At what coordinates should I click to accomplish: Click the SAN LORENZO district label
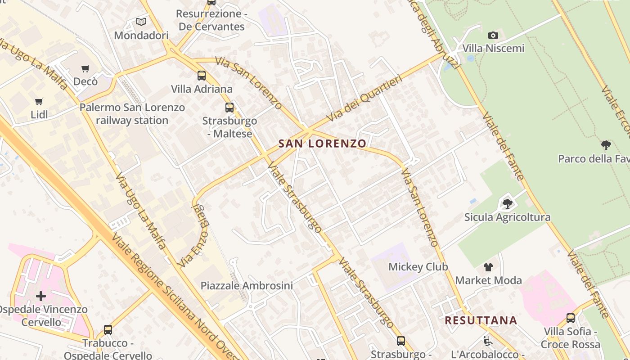tap(322, 144)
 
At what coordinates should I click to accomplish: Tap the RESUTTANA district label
tap(481, 320)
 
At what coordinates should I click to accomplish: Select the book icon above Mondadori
tap(141, 22)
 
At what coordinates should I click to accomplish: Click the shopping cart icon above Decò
tap(85, 69)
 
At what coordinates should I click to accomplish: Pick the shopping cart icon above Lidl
tap(39, 101)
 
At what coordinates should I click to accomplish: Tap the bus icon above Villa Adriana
tap(202, 76)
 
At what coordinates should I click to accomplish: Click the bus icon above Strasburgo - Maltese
tap(229, 108)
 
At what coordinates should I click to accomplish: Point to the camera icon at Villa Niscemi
tap(493, 35)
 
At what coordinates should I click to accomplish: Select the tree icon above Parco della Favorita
tap(606, 145)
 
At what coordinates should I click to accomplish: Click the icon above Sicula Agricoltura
tap(507, 204)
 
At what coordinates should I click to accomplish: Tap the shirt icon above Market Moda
tap(488, 267)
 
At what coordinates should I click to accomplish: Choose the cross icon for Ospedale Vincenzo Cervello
tap(41, 296)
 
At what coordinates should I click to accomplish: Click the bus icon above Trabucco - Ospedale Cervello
tap(108, 330)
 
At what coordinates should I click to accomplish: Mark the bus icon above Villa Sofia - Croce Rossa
tap(571, 318)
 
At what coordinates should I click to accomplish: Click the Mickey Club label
tap(418, 267)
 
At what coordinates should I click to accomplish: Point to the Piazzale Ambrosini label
tap(247, 285)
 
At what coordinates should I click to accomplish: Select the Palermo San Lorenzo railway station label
tap(132, 114)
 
